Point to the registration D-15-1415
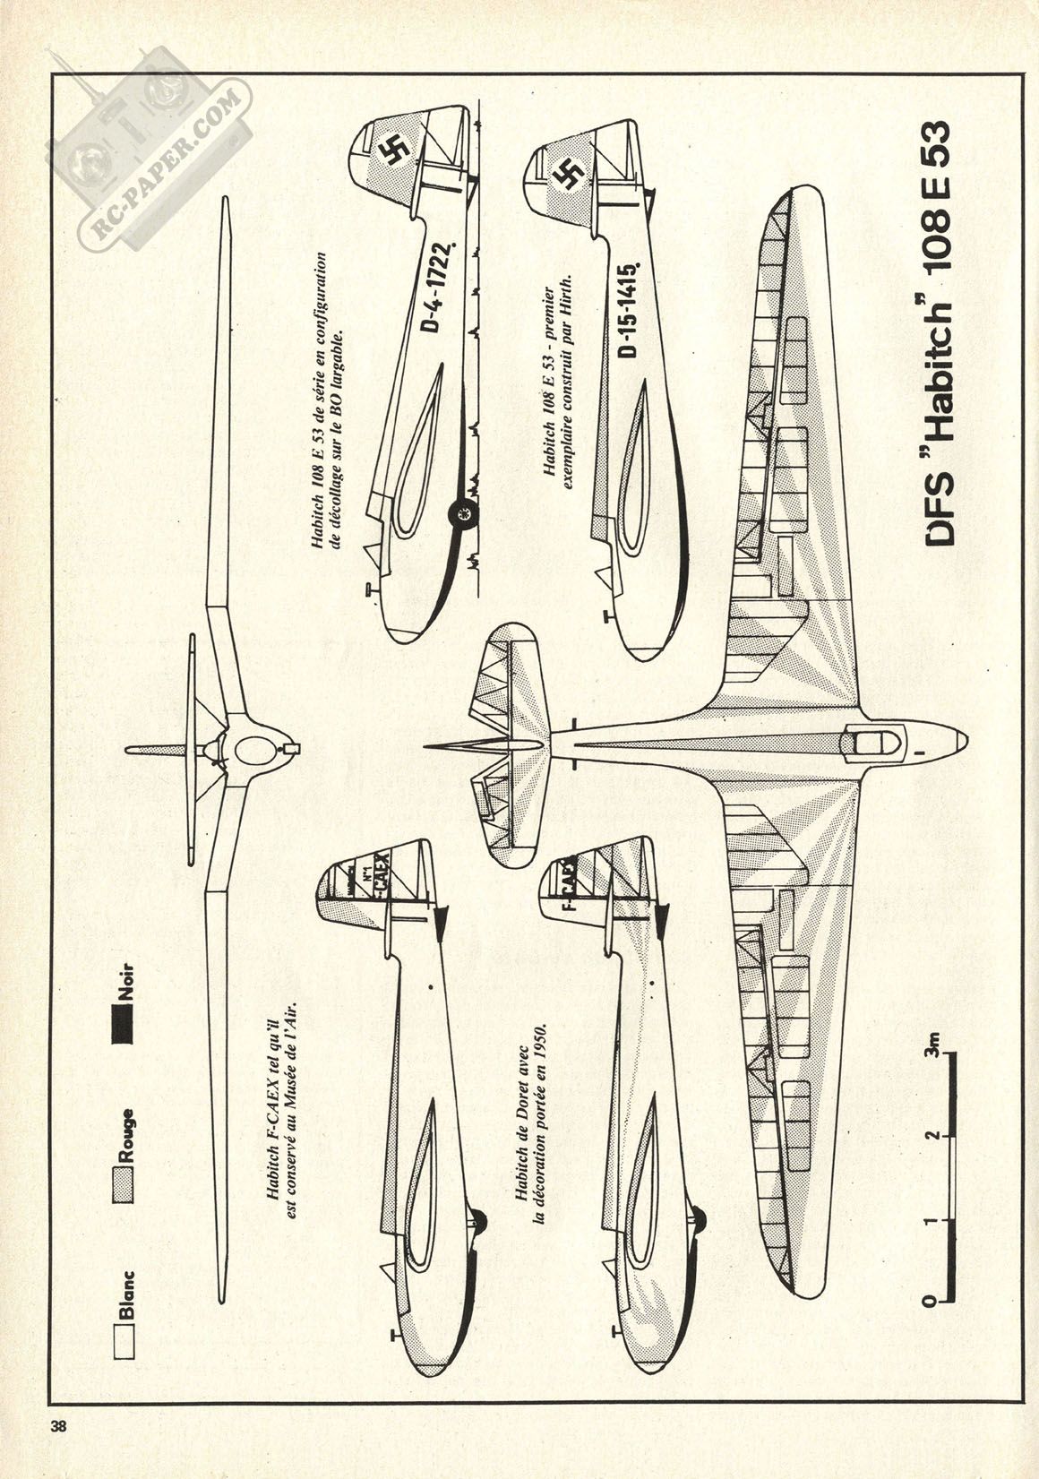630,309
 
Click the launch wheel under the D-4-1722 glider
463,514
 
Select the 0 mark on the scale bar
932,1298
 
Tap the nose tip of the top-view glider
966,741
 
